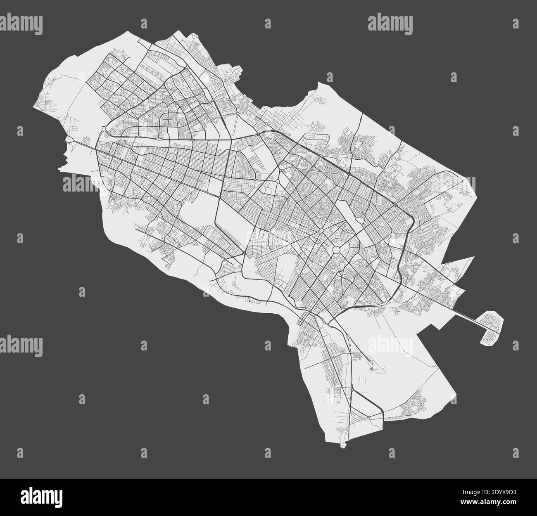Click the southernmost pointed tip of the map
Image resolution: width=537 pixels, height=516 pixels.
(342, 446)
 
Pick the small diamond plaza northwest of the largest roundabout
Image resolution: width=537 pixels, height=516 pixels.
(278, 181)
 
